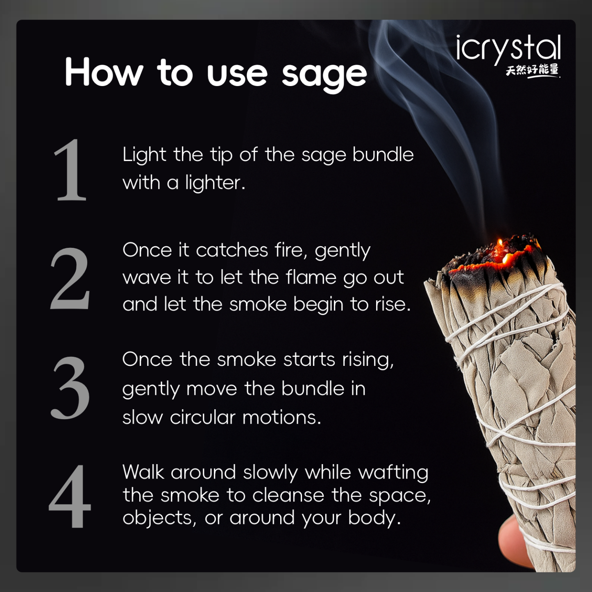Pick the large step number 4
tap(70, 496)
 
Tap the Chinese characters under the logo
tap(532, 70)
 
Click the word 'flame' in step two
tap(311, 277)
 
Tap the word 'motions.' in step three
tap(281, 417)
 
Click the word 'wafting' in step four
tap(393, 472)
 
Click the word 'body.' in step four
tap(374, 518)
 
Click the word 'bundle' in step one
tap(383, 155)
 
